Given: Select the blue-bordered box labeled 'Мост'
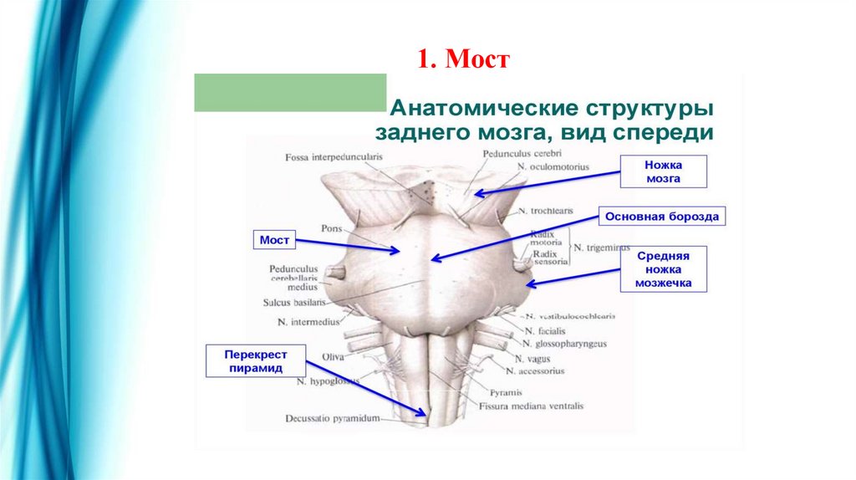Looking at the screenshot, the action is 274,240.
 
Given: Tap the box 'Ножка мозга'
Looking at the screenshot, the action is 663,171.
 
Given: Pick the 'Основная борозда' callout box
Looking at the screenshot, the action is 661,217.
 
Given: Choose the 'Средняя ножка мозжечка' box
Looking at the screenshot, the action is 664,269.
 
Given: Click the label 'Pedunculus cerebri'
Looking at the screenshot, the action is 521,154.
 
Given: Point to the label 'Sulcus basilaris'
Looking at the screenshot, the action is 293,302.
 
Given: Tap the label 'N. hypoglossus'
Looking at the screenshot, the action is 327,381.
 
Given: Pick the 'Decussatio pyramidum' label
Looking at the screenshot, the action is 333,417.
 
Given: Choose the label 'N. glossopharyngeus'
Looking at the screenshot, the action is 564,343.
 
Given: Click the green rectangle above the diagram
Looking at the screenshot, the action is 290,93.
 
